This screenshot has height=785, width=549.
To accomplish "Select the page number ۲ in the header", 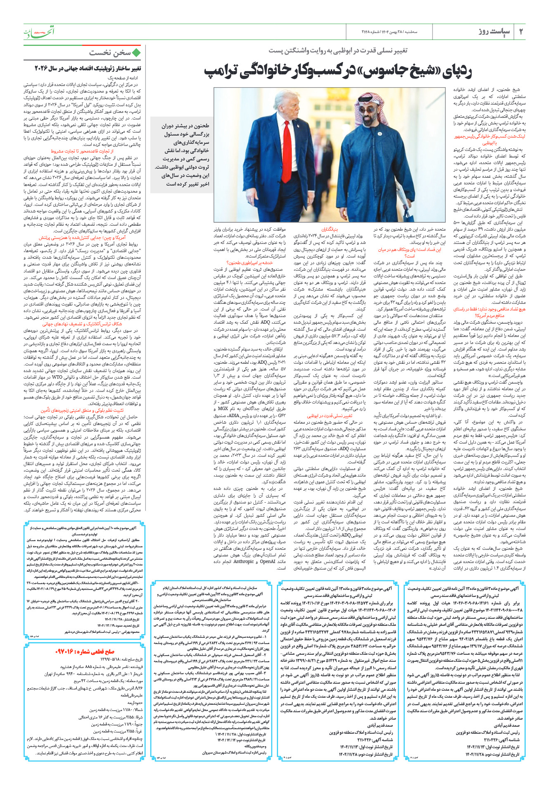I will [x=520, y=32].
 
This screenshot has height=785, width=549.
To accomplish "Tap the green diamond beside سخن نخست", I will [x=136, y=53].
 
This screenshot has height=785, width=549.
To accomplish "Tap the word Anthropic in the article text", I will [x=243, y=561].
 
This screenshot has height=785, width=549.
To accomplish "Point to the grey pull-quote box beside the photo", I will [x=182, y=155].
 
